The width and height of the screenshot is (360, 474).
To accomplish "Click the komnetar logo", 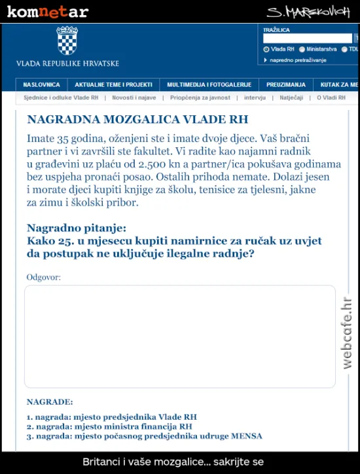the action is [x=47, y=12].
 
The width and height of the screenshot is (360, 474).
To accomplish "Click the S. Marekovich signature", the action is [x=308, y=12].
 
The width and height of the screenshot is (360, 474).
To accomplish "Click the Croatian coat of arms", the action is [x=67, y=41].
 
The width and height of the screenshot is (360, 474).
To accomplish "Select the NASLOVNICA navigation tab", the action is [x=41, y=84].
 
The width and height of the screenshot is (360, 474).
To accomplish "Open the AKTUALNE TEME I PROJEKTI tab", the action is [x=113, y=84].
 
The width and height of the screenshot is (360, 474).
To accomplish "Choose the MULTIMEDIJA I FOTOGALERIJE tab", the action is [x=209, y=84].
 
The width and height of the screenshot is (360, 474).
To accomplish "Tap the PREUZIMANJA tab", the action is [x=285, y=84].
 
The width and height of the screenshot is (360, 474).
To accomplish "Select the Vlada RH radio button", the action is [x=266, y=49].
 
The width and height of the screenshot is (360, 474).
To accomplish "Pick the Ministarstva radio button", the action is [x=302, y=49].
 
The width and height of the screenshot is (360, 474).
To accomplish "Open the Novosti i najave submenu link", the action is [x=134, y=98].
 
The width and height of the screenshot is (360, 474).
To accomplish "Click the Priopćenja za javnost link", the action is [x=200, y=98].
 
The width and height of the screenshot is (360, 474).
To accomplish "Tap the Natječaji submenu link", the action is [x=291, y=98].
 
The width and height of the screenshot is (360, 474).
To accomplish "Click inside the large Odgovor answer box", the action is [x=179, y=337].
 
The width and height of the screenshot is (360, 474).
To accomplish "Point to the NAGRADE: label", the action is [x=50, y=401].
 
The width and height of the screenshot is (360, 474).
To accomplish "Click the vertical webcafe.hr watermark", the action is [x=348, y=332].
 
